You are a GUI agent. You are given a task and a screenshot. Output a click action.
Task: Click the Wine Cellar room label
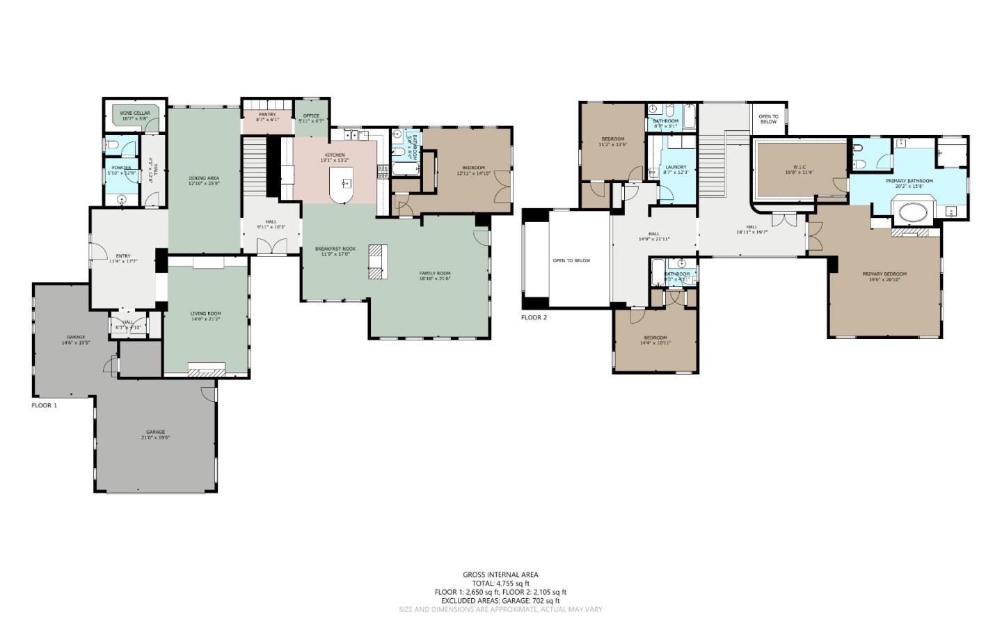tap(134, 116)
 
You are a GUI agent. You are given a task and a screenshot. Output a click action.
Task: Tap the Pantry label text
tap(267, 117)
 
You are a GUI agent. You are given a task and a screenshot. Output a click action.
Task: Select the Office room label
tap(311, 118)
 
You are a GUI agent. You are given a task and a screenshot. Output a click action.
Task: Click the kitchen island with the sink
tap(345, 185)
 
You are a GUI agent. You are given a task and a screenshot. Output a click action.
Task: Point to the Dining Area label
tap(204, 180)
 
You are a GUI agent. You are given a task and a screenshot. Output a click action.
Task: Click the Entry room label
tap(123, 258)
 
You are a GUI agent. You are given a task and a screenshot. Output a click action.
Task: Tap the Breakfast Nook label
tap(335, 251)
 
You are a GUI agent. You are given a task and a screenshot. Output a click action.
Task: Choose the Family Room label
tap(435, 276)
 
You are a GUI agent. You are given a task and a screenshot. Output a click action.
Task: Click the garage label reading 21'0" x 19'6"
tap(155, 435)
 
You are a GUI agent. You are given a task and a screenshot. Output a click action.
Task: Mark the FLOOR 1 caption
tap(45, 405)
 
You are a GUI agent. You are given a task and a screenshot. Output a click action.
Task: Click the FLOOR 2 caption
tap(534, 317)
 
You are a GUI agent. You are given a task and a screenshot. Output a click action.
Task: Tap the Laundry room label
tap(676, 169)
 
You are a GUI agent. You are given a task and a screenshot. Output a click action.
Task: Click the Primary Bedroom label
tap(884, 276)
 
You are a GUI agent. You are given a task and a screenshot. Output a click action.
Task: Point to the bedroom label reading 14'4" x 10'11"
tap(655, 340)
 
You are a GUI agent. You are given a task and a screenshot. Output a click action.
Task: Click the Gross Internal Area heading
tap(500, 574)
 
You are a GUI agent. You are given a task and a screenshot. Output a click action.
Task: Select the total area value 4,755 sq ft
tap(500, 584)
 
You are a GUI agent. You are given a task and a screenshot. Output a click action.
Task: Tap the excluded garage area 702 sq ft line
tap(500, 600)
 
